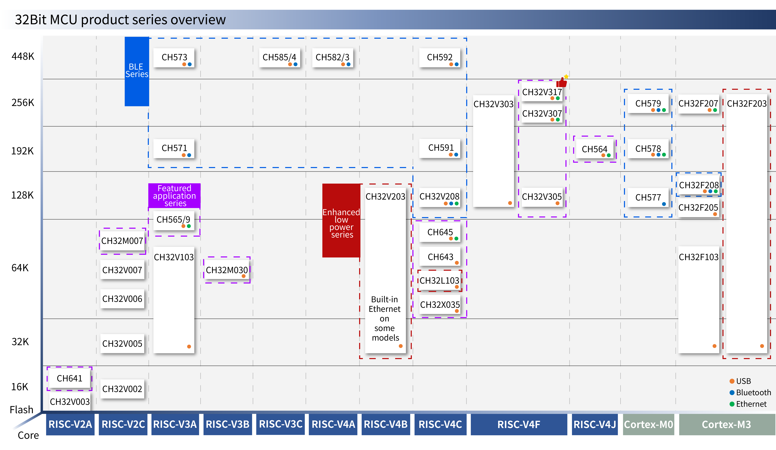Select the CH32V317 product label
(542, 92)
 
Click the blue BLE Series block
(137, 71)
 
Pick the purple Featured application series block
(174, 196)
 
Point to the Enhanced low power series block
(341, 220)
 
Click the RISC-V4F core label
(519, 424)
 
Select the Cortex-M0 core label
(648, 424)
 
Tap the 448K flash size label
(23, 56)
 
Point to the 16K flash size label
(20, 387)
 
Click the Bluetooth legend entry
(750, 392)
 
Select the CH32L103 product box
(440, 281)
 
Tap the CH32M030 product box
(227, 270)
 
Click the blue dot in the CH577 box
(664, 204)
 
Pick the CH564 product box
(595, 149)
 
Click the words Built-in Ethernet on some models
(385, 319)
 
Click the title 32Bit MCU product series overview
(120, 20)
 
